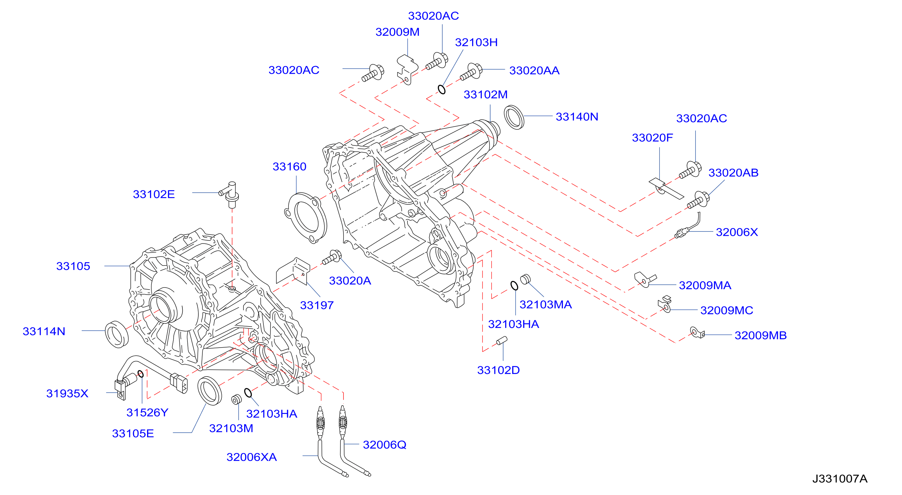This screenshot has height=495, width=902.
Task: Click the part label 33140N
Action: click(x=577, y=117)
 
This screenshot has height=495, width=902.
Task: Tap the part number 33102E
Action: click(x=154, y=194)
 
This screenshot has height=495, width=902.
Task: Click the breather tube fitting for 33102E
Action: click(x=230, y=194)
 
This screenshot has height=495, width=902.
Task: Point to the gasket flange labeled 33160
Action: click(x=306, y=217)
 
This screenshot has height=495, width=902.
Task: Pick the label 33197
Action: click(x=316, y=305)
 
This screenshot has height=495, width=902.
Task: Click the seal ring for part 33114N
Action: click(x=117, y=334)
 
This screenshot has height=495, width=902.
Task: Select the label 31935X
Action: click(x=67, y=393)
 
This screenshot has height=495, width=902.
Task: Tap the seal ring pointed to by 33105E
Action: click(x=209, y=391)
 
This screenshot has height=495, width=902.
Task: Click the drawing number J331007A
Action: click(x=840, y=479)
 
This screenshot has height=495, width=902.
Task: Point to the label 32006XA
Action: click(x=251, y=457)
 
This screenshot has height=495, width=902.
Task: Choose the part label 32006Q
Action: click(x=384, y=445)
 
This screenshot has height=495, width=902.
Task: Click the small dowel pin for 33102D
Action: click(x=502, y=341)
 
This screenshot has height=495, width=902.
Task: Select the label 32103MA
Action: click(x=546, y=305)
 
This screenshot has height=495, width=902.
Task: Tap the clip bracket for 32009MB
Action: click(x=697, y=332)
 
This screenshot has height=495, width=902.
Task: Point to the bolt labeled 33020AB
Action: click(x=698, y=200)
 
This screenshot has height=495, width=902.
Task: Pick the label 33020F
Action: click(x=652, y=138)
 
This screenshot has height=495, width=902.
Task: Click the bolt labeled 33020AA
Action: click(x=471, y=71)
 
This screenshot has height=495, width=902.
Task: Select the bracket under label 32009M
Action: click(x=407, y=69)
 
